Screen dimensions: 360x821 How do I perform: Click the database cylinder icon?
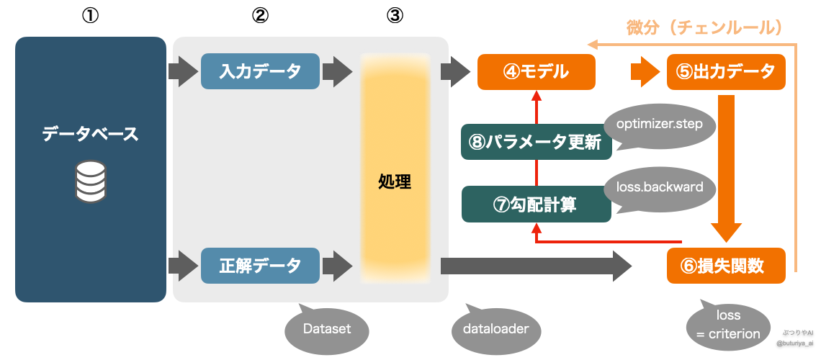[91, 181]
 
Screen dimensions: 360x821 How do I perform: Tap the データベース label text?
[90, 134]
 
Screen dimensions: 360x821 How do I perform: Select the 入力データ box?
[260, 71]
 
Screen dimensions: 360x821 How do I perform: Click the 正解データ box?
[260, 265]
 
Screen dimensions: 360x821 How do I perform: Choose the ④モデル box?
[537, 71]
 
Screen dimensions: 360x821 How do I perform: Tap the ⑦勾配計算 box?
[536, 204]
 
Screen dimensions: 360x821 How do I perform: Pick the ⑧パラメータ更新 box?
[536, 143]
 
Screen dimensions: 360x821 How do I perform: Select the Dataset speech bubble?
[327, 329]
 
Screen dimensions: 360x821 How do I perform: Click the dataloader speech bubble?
[495, 329]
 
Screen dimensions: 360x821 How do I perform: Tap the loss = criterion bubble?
[728, 325]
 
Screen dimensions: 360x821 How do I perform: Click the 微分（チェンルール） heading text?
[702, 28]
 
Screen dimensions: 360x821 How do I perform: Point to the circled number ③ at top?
[395, 16]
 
